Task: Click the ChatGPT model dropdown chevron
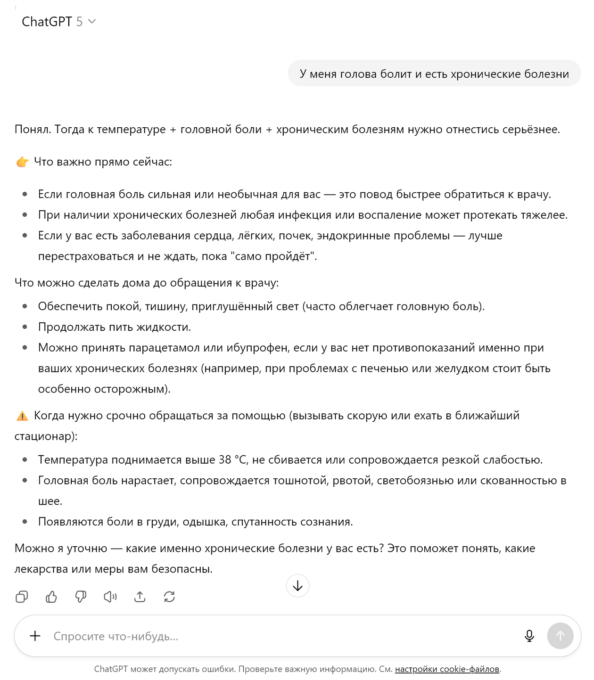(x=92, y=21)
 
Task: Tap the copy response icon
(x=22, y=597)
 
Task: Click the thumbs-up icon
(x=51, y=597)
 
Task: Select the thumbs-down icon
(x=81, y=597)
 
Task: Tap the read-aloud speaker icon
(x=110, y=597)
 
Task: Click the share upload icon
(x=140, y=597)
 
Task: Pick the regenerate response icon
(x=169, y=597)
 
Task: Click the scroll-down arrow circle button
(x=297, y=586)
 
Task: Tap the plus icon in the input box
(x=35, y=636)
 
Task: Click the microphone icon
(x=529, y=636)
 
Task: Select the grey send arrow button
(x=560, y=636)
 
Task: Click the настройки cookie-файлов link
(x=447, y=669)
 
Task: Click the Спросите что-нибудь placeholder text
(x=116, y=636)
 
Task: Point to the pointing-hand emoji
(x=22, y=162)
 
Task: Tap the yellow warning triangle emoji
(x=22, y=416)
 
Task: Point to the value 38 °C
(x=233, y=459)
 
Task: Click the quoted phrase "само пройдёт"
(x=273, y=256)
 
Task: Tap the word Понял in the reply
(x=32, y=129)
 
